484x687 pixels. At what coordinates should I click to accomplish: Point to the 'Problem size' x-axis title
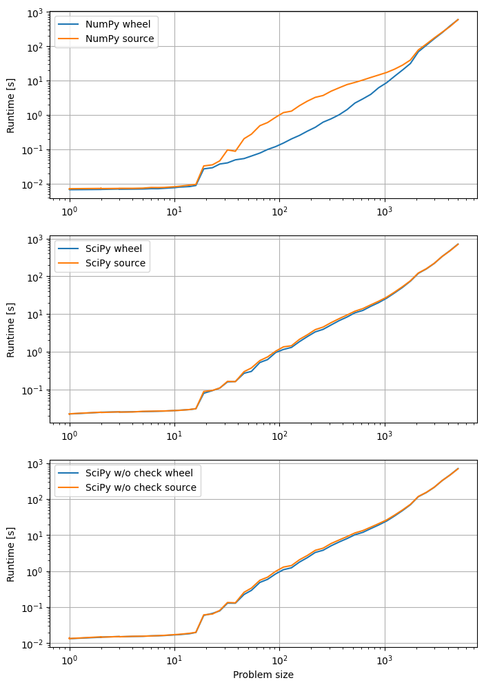pos(263,675)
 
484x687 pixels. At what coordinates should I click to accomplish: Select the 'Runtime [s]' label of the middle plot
pos(10,330)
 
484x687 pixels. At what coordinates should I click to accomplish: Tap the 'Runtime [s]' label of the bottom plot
pos(10,555)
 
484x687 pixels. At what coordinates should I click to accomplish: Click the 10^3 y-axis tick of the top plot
pos(34,12)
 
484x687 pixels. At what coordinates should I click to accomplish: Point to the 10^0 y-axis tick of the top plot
pos(34,115)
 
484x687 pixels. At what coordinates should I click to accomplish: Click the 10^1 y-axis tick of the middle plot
pos(34,315)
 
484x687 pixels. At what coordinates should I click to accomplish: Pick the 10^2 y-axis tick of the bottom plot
pos(34,499)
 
